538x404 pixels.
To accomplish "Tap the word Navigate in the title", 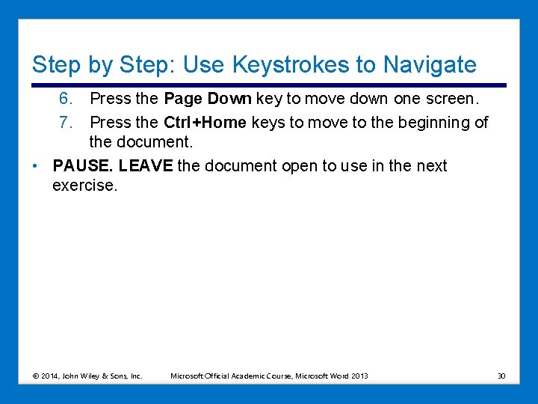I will tap(428, 65).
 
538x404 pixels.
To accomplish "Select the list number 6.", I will tap(66, 99).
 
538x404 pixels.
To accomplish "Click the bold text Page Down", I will tap(208, 99).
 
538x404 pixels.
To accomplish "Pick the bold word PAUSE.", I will tap(84, 165).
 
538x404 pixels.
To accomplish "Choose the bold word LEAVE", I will tap(146, 165).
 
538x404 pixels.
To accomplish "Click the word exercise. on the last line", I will tap(85, 185).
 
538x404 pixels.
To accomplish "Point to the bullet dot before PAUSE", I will tap(37, 166).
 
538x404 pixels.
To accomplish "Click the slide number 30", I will tap(501, 376).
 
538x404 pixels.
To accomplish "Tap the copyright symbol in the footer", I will tap(36, 376).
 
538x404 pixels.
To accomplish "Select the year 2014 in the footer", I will tap(51, 376).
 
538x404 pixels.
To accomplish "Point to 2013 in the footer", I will tap(359, 376).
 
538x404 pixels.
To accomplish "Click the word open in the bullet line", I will tap(298, 165).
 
